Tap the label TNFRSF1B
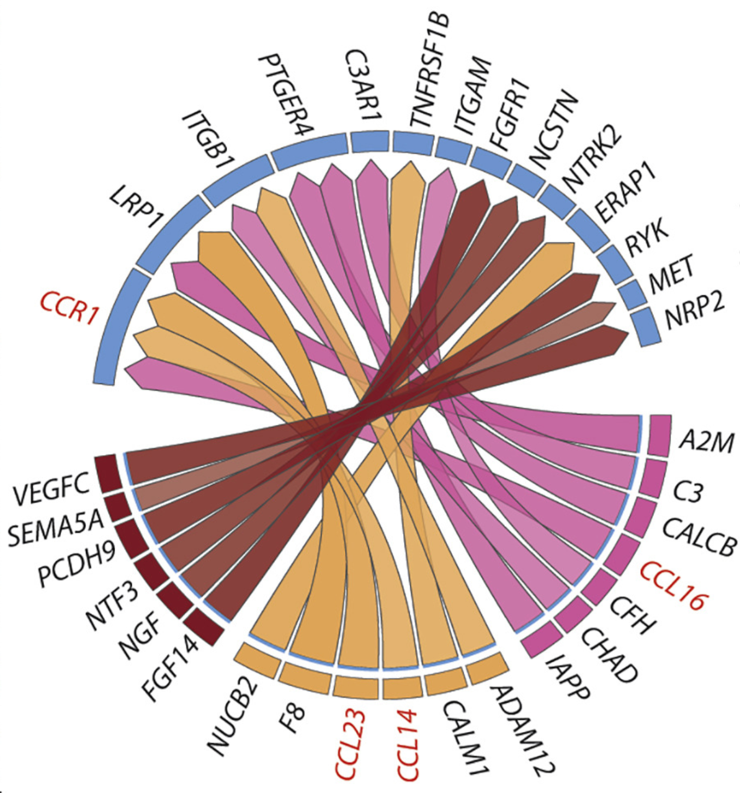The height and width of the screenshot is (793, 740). pyautogui.click(x=430, y=71)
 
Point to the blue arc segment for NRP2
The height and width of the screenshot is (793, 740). pyautogui.click(x=645, y=327)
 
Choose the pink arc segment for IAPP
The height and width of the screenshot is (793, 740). pyautogui.click(x=542, y=640)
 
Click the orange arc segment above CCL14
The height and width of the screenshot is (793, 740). pyautogui.click(x=402, y=687)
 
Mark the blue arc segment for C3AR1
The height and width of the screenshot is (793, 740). pyautogui.click(x=370, y=142)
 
